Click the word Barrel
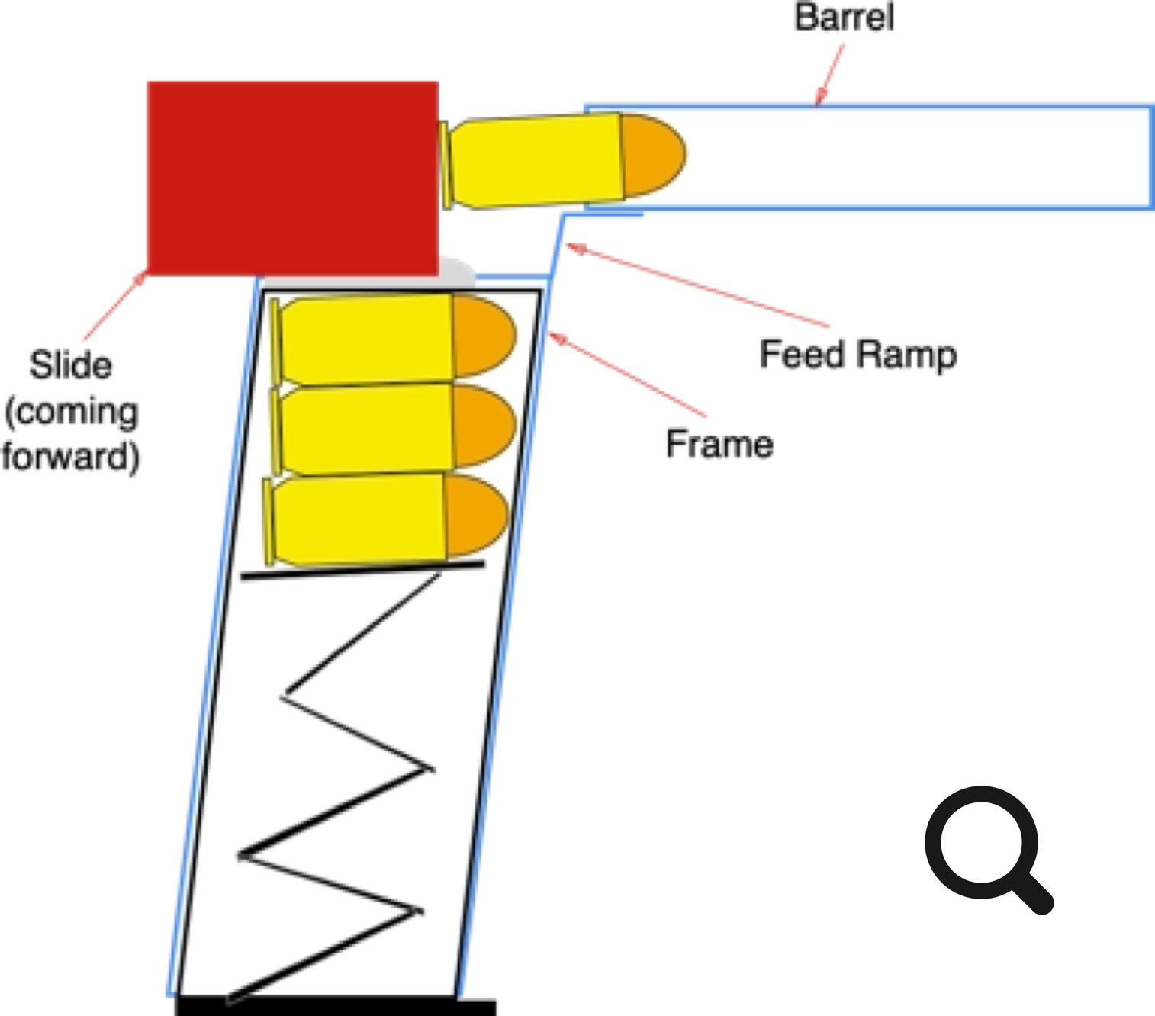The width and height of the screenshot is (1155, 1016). pos(844,17)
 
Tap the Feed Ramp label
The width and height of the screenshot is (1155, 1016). pos(857,355)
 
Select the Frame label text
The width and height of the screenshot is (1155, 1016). pos(719,444)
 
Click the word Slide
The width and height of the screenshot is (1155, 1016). pos(71,365)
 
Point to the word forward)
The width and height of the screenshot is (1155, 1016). pos(70,456)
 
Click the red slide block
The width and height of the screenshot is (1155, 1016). pos(292,178)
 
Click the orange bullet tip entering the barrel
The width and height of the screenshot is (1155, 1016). pos(651,154)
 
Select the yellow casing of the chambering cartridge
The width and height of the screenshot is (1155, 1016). pos(534,161)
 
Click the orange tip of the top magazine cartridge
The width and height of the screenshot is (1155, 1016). pos(482,336)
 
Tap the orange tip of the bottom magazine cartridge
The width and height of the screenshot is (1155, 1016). pos(475,515)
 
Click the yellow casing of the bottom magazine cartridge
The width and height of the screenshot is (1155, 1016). pos(359,519)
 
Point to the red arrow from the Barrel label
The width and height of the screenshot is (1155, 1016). pos(830,74)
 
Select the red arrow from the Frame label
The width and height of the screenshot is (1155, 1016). pos(626,374)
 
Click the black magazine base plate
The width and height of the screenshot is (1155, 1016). pos(336,1006)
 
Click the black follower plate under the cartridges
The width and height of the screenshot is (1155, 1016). pos(362,570)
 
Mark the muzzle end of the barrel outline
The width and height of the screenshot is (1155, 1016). pos(1151,157)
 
